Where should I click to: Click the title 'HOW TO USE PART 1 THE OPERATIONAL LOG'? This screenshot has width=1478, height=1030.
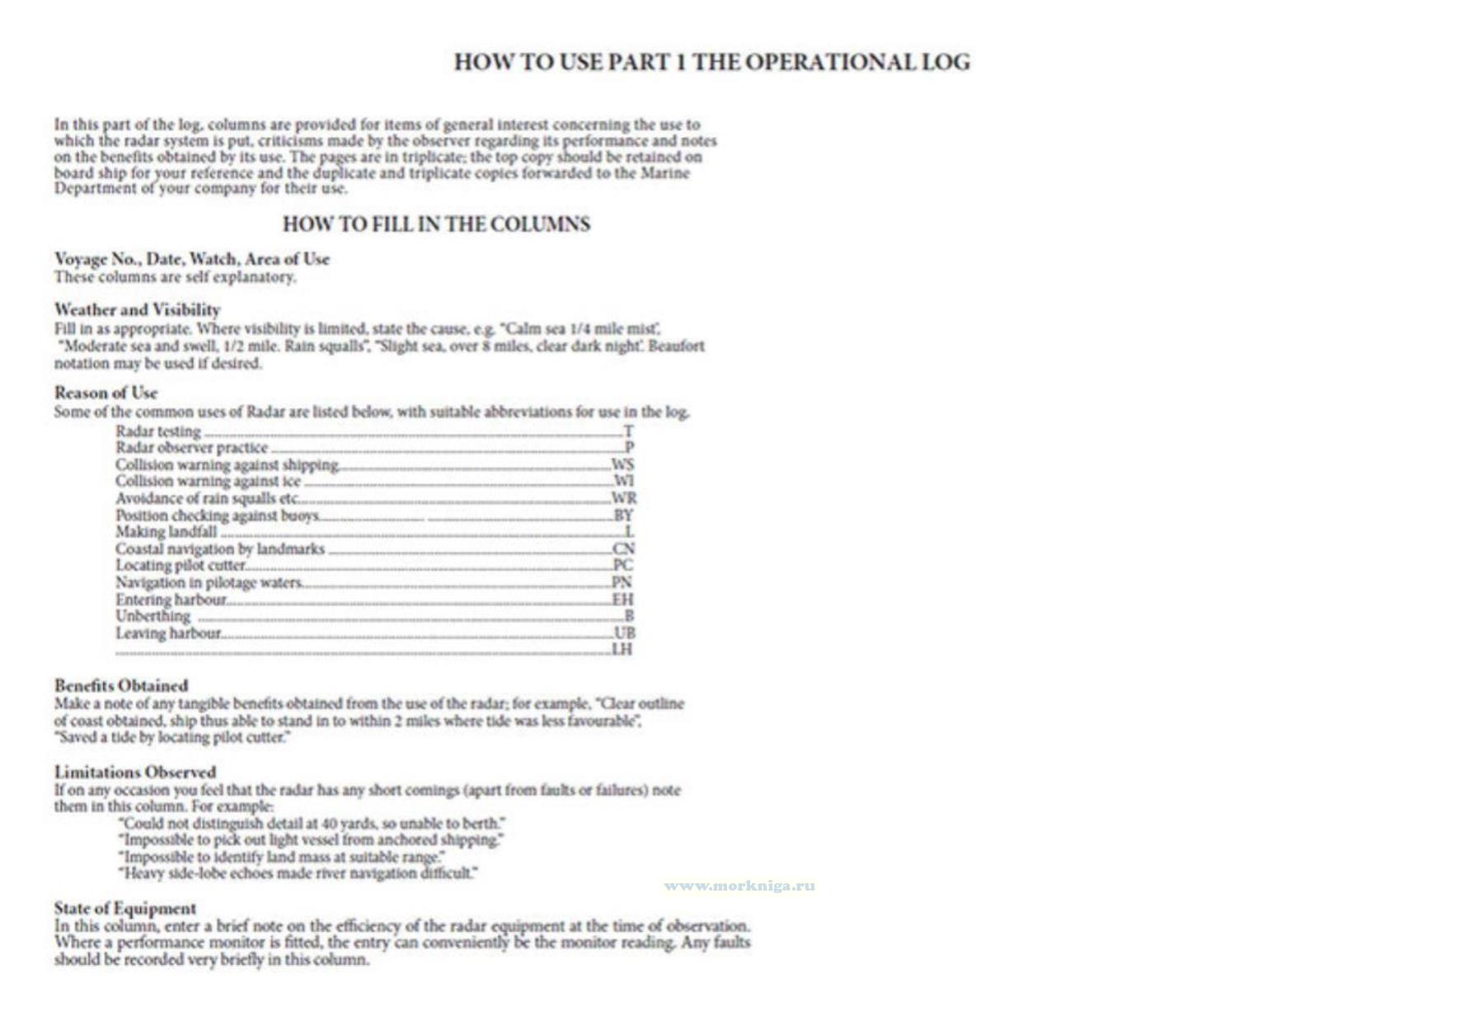click(x=711, y=63)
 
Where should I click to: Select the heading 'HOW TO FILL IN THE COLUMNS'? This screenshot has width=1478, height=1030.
click(x=436, y=224)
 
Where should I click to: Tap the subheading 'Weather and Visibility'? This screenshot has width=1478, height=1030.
click(x=137, y=310)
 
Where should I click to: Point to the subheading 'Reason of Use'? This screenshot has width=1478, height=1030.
click(x=106, y=393)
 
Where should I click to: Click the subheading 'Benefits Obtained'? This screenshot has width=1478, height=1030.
click(x=121, y=685)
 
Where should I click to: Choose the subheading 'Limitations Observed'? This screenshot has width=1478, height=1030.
click(x=135, y=772)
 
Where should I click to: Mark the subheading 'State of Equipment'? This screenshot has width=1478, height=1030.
click(x=125, y=908)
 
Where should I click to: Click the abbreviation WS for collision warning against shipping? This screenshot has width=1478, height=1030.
click(x=622, y=465)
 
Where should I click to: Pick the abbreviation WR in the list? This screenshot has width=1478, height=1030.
click(x=623, y=498)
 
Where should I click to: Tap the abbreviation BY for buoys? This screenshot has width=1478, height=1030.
click(x=623, y=515)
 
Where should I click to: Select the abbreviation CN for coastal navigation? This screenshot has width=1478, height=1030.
click(x=623, y=549)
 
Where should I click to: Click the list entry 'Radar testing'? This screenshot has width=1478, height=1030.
click(x=158, y=431)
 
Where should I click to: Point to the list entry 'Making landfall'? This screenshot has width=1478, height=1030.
click(x=167, y=532)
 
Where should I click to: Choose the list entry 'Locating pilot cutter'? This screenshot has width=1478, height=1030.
click(x=181, y=566)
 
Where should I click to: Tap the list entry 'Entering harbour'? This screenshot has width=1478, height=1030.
click(x=171, y=600)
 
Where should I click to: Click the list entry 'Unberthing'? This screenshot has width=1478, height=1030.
click(x=152, y=616)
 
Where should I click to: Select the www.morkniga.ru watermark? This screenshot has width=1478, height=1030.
click(x=739, y=886)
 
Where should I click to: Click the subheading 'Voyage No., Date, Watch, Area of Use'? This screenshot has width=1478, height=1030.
click(x=191, y=259)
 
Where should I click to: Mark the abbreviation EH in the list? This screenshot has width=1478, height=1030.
click(x=623, y=600)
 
